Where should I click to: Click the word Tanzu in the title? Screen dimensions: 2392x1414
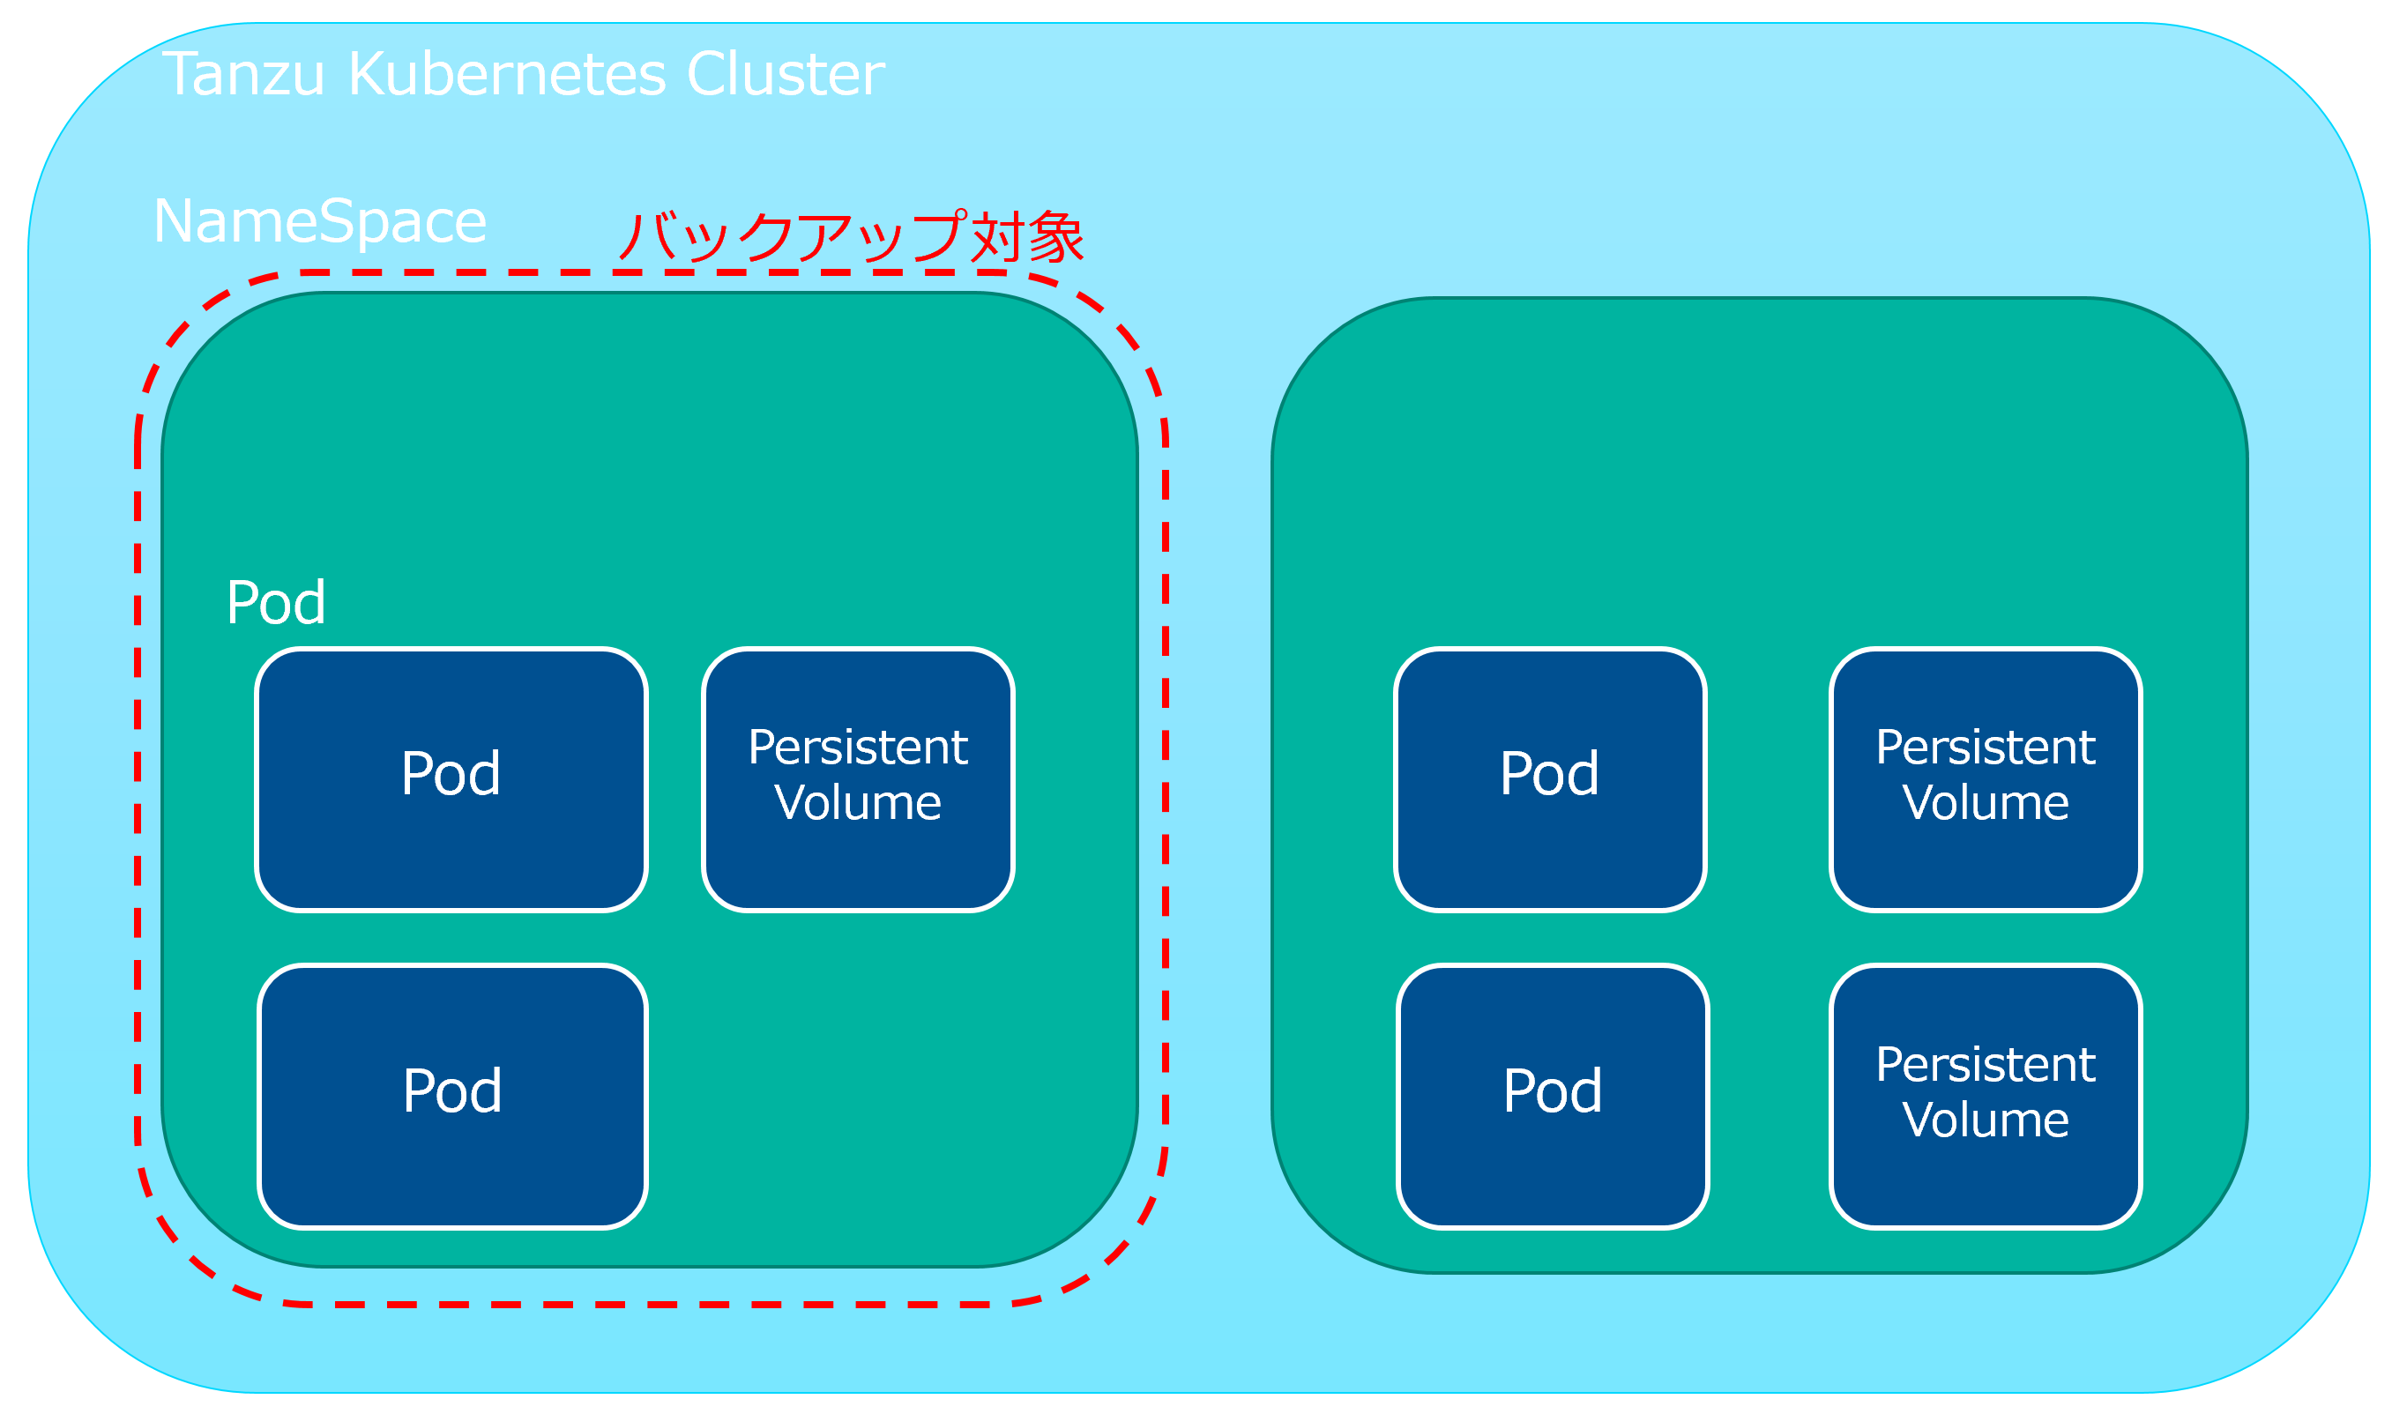coord(243,74)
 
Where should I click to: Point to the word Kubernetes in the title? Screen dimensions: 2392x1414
coord(507,74)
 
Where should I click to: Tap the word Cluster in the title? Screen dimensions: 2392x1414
coord(786,74)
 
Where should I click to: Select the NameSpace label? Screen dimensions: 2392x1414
coord(320,222)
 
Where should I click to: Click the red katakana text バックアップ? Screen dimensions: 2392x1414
coord(793,236)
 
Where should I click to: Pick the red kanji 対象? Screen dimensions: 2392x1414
coord(1027,236)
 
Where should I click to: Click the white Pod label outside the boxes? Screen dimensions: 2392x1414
coord(276,602)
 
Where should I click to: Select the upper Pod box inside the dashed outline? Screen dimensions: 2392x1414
coord(451,779)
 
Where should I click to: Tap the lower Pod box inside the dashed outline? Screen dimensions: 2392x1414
coord(452,1097)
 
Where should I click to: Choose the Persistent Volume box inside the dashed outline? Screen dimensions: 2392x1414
coord(858,779)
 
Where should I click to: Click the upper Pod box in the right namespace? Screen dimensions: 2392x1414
coord(1551,779)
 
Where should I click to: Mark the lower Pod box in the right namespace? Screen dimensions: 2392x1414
coord(1554,1097)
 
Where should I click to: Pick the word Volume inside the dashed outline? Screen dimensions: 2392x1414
coord(858,802)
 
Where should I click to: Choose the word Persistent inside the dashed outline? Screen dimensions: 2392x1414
coord(858,747)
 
